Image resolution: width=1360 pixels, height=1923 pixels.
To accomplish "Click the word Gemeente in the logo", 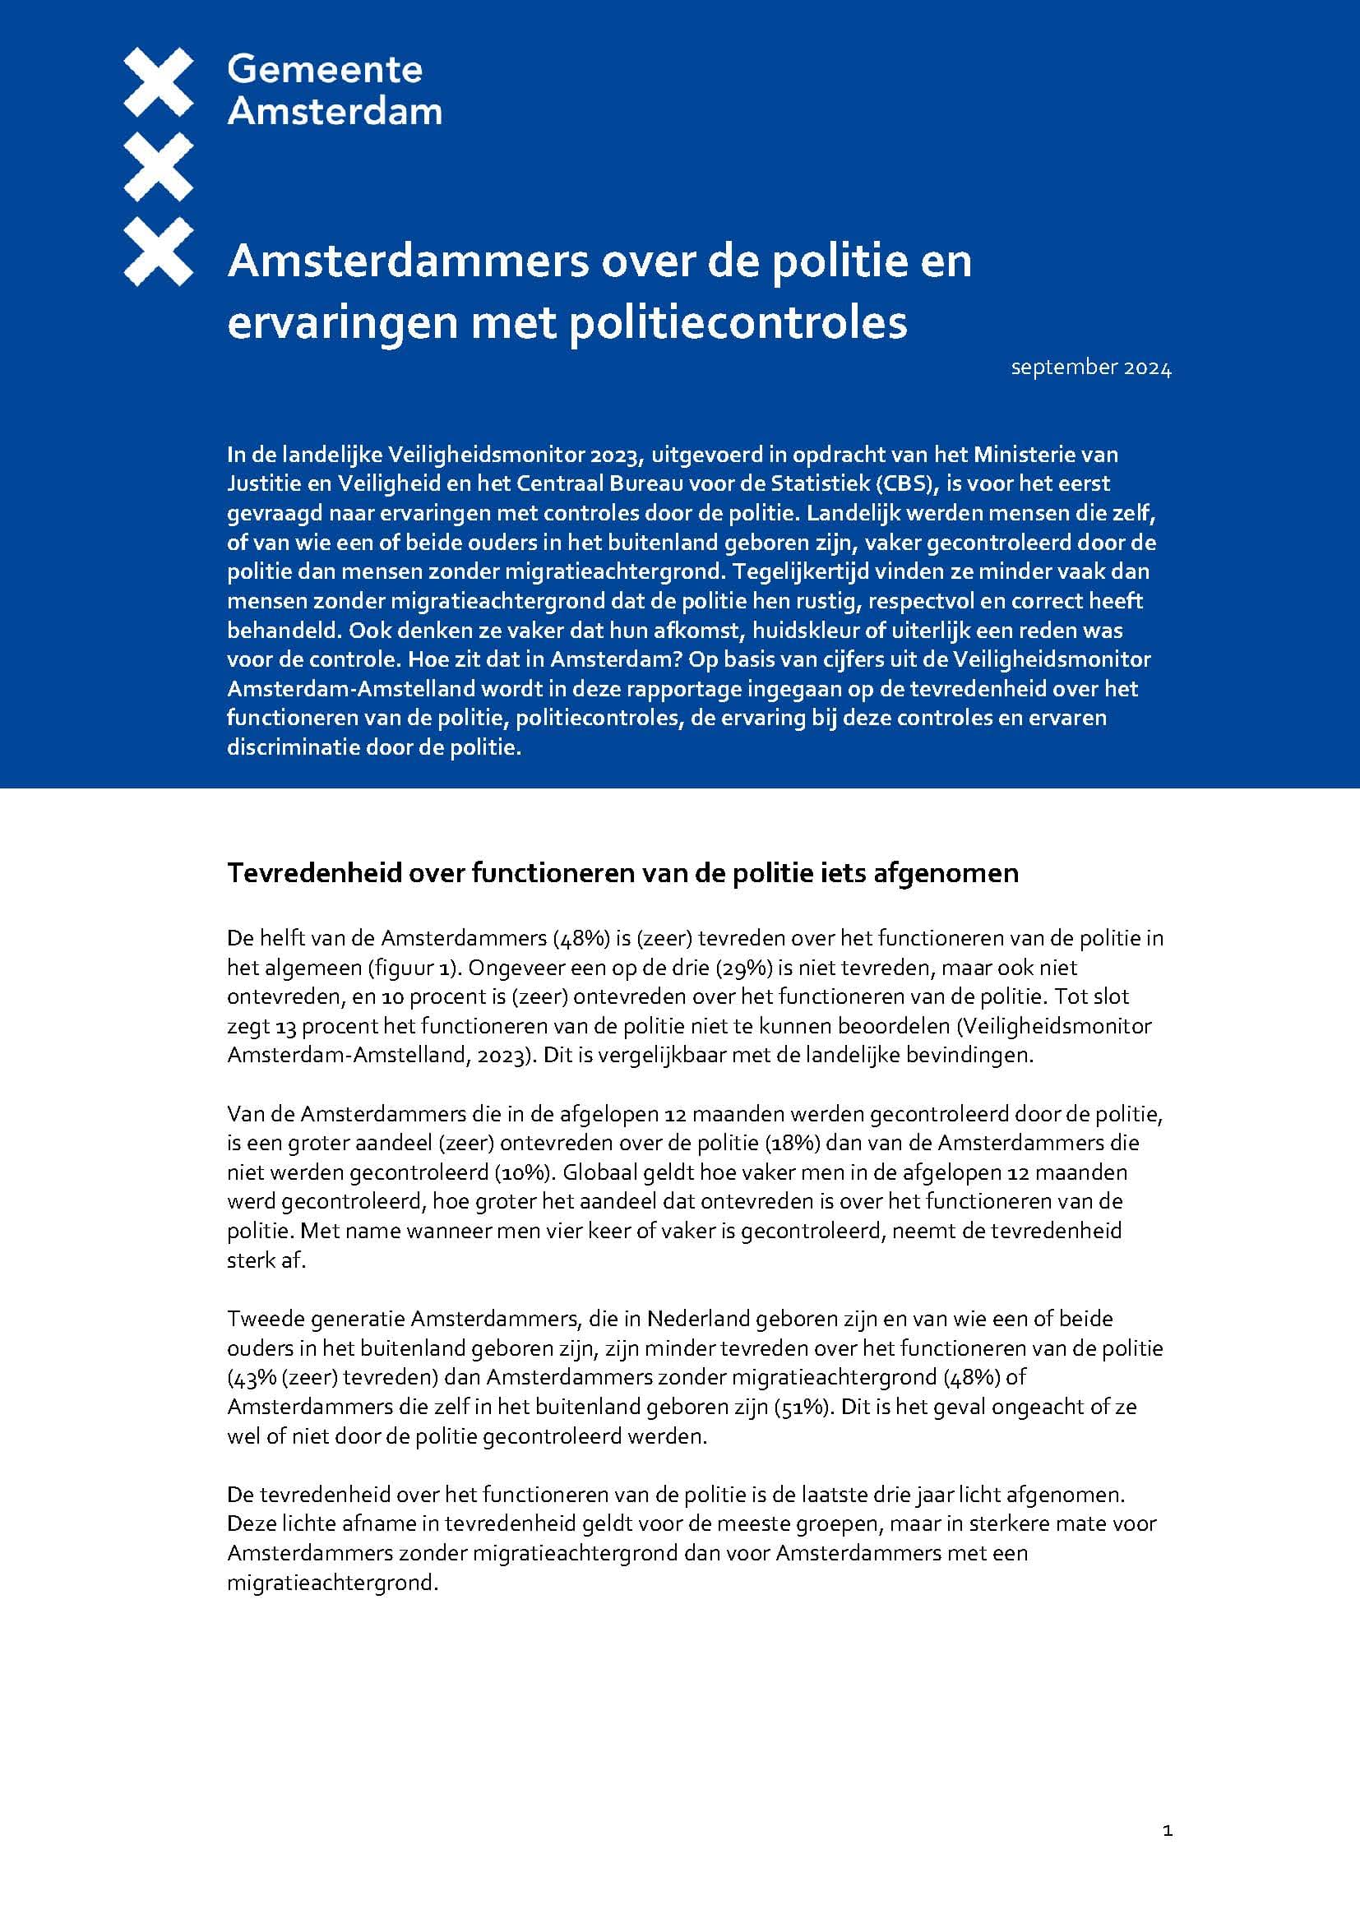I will click(x=324, y=70).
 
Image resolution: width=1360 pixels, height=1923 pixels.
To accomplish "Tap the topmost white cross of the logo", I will click(x=158, y=82).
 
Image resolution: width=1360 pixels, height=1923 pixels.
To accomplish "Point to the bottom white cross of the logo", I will click(x=158, y=252).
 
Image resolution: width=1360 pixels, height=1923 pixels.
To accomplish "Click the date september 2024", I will click(x=1090, y=367).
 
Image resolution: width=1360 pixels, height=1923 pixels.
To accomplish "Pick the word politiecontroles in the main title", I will click(x=738, y=323).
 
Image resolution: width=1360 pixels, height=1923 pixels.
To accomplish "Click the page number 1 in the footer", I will click(x=1168, y=1832).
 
